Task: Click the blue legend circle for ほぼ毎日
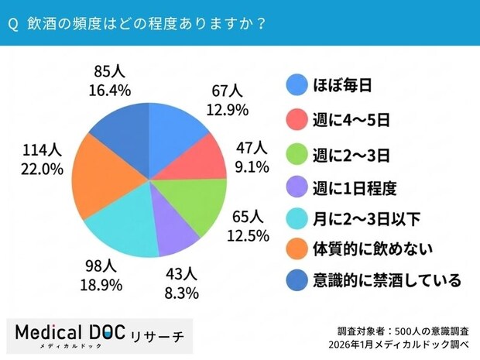295,84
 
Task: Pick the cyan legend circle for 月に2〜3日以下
295,219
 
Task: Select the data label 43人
183,274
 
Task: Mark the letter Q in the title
12,23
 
